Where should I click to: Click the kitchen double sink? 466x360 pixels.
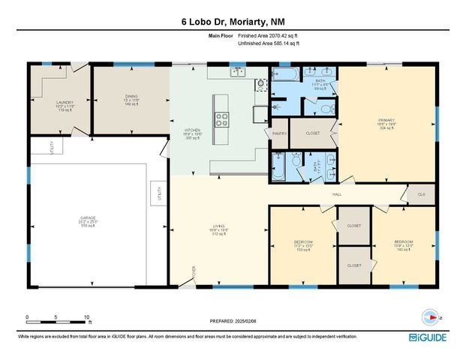238,72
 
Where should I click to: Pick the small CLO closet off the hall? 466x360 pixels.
422,194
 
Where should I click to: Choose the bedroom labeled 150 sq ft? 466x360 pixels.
303,244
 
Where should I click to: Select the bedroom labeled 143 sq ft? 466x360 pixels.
404,244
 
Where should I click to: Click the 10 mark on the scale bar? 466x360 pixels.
87,316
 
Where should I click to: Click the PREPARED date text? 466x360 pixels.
233,321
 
